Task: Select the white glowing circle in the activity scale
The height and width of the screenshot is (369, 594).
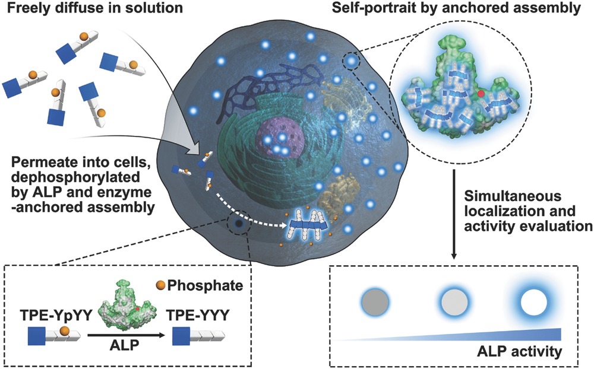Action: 533,303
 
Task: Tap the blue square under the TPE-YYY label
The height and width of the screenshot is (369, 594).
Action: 183,336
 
